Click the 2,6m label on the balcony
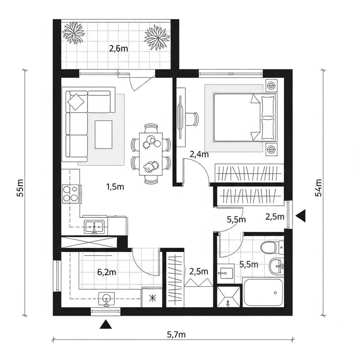pyautogui.click(x=119, y=49)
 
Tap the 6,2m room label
pyautogui.click(x=107, y=271)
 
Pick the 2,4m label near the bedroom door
pyautogui.click(x=199, y=154)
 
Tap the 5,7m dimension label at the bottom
pyautogui.click(x=176, y=334)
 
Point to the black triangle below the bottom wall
pyautogui.click(x=106, y=323)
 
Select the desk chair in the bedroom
pyautogui.click(x=193, y=118)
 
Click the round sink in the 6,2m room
pyautogui.click(x=107, y=298)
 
